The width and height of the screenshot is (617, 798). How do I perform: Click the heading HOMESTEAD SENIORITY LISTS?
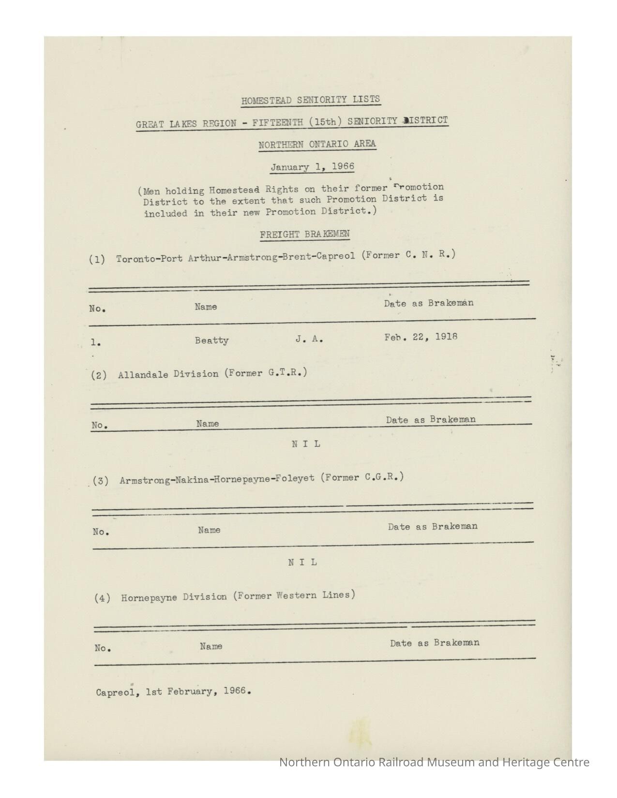coord(311,100)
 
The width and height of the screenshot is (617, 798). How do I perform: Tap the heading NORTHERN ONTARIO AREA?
coord(317,144)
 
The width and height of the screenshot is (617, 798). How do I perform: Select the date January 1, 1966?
coord(312,167)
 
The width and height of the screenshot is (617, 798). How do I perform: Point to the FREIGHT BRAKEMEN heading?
coord(304,235)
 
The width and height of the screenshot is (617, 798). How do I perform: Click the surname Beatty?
coord(211,340)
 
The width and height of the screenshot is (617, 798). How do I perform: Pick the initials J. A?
coord(309,339)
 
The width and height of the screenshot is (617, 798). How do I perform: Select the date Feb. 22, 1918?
coord(421,337)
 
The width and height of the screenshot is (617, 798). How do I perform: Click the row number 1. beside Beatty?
coord(96,343)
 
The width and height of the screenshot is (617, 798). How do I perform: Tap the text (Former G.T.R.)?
coord(266,373)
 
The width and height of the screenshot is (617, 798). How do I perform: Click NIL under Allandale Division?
coord(306,443)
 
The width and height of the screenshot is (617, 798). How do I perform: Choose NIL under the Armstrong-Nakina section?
coord(303,562)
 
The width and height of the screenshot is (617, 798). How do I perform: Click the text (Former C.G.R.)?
coord(363,477)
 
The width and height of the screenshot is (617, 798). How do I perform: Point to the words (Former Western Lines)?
coord(294,595)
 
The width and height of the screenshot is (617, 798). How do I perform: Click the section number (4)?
coord(102,598)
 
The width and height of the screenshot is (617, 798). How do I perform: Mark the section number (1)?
coord(97,259)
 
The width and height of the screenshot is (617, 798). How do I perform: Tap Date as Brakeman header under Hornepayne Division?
coord(435,643)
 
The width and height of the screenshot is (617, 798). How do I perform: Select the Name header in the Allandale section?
coord(208,424)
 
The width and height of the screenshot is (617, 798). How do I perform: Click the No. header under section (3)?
coord(101,532)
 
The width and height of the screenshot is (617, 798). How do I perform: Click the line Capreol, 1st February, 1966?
coord(173,692)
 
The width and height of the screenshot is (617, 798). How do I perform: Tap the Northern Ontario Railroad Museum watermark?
coord(434,762)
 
